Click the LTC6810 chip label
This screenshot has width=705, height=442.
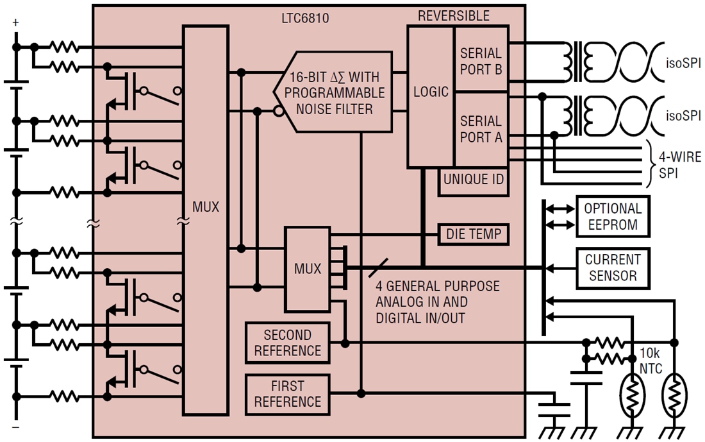click(305, 18)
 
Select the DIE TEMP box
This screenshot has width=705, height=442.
click(473, 235)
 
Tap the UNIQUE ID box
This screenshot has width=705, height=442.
click(474, 180)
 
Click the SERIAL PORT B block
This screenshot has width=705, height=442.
click(481, 61)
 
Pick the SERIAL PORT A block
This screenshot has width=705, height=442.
click(481, 129)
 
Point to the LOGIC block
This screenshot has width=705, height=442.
click(431, 92)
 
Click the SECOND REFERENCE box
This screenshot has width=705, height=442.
click(287, 343)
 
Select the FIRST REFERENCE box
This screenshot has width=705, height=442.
click(287, 394)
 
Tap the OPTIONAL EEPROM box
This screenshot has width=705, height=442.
click(612, 217)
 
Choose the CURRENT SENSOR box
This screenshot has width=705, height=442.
click(612, 268)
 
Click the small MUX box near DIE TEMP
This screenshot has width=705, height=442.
click(308, 269)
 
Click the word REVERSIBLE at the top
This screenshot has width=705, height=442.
click(453, 16)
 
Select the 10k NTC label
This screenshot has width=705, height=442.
click(650, 361)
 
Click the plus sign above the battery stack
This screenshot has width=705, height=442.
click(16, 23)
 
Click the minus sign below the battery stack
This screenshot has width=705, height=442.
click(16, 427)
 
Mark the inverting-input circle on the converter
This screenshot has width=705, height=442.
click(278, 111)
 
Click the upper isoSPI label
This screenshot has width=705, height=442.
click(684, 63)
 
